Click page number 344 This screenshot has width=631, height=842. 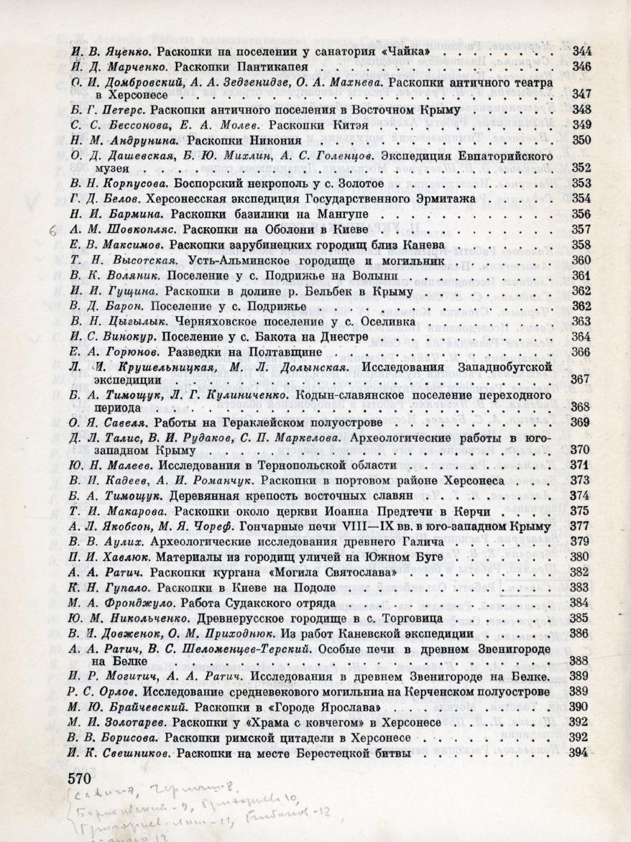581,52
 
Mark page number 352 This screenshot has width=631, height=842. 581,167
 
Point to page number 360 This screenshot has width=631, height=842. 581,260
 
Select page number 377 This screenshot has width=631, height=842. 579,527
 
